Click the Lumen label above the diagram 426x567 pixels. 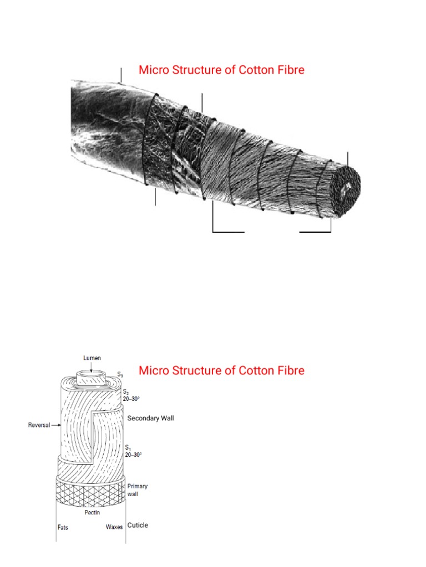click(92, 358)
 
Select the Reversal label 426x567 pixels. click(39, 425)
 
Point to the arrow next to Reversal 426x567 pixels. click(55, 425)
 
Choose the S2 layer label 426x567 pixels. click(125, 391)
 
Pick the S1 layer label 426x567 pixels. click(125, 446)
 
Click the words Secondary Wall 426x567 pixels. click(150, 418)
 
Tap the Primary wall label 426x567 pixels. click(138, 489)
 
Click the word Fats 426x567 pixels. click(63, 527)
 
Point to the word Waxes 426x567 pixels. click(114, 527)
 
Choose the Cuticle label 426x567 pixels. click(138, 525)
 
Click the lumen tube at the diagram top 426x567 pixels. click(92, 379)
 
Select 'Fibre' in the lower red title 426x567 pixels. click(291, 370)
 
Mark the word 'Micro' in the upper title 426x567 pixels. click(154, 70)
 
